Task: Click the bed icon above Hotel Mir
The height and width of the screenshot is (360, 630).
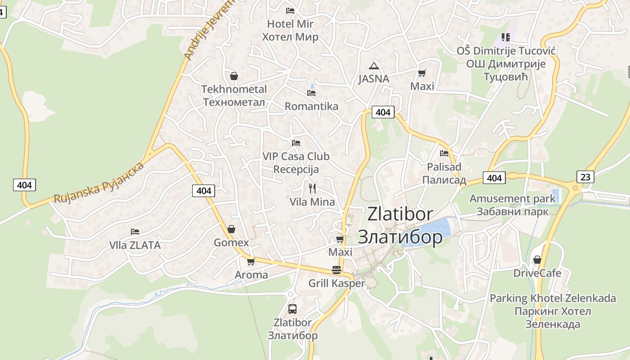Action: tap(290, 10)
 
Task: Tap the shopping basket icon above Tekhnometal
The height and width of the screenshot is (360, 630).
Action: tap(234, 76)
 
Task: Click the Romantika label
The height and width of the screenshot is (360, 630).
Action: tap(311, 106)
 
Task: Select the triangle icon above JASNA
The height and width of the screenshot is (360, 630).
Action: tap(373, 66)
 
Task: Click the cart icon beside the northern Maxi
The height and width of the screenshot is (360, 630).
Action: tap(422, 73)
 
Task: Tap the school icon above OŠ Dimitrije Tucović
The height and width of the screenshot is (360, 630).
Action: tap(506, 37)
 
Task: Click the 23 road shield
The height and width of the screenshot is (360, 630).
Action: tap(585, 177)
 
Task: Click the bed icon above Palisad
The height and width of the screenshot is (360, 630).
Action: tap(444, 153)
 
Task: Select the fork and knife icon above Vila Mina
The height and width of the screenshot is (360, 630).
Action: tap(312, 188)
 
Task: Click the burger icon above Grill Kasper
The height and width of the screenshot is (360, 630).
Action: tap(336, 270)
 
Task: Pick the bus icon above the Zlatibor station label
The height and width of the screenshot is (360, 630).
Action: tap(292, 309)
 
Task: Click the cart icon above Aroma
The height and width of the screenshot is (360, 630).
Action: tap(251, 261)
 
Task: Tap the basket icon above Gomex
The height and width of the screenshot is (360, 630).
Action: tap(231, 229)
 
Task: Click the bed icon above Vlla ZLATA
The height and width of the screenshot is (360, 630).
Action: tap(135, 232)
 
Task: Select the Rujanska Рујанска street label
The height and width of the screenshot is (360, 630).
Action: tap(99, 183)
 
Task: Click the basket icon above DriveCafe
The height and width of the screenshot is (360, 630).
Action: tap(537, 260)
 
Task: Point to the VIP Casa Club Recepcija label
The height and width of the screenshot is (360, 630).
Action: tap(296, 162)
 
